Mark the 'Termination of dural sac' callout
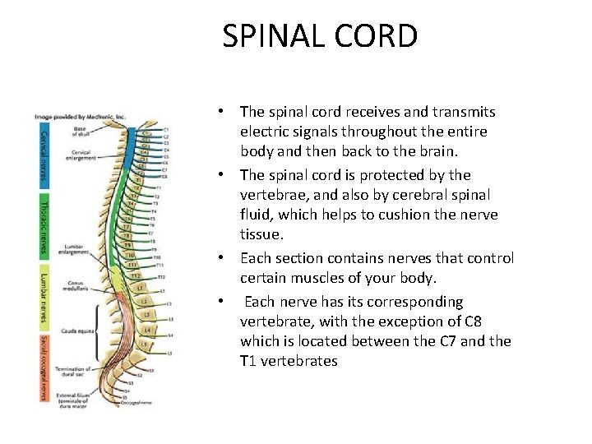point(76,372)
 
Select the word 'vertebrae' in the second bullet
point(273,195)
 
